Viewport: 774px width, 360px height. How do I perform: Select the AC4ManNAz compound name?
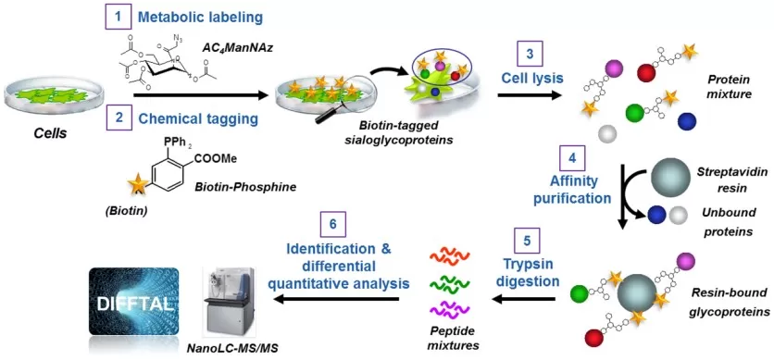[229, 46]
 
